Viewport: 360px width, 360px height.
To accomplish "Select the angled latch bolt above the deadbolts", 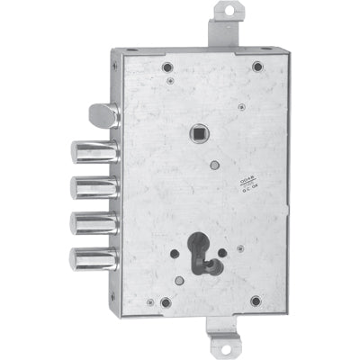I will click(x=104, y=116).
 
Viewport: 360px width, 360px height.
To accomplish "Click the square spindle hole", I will click(x=196, y=135).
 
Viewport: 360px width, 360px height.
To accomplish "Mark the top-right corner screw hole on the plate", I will click(x=257, y=66).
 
